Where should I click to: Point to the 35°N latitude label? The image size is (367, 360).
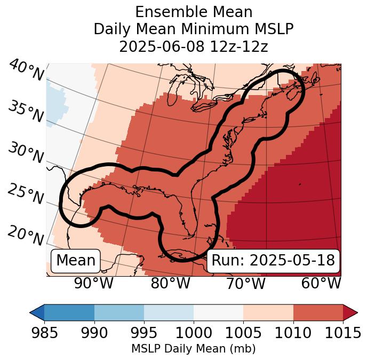pyautogui.click(x=26, y=111)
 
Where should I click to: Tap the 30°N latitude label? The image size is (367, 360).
pyautogui.click(x=26, y=153)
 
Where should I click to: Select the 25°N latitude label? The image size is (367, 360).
pyautogui.click(x=26, y=194)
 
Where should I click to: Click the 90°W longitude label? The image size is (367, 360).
pyautogui.click(x=94, y=283)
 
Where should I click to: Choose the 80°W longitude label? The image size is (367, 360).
pyautogui.click(x=170, y=283)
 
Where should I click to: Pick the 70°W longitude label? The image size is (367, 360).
pyautogui.click(x=245, y=283)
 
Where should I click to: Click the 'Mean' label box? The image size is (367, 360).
pyautogui.click(x=76, y=261)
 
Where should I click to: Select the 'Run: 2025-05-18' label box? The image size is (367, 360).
pyautogui.click(x=273, y=261)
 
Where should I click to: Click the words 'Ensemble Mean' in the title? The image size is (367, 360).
pyautogui.click(x=194, y=12)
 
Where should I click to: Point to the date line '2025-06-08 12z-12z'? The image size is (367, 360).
pyautogui.click(x=194, y=46)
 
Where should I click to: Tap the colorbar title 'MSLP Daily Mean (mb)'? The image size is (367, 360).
pyautogui.click(x=194, y=349)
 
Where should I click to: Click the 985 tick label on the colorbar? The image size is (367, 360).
pyautogui.click(x=45, y=333)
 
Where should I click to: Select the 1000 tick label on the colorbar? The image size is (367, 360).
pyautogui.click(x=194, y=333)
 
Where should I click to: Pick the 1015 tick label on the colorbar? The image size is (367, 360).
pyautogui.click(x=342, y=333)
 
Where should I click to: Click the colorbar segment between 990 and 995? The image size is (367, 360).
pyautogui.click(x=119, y=312)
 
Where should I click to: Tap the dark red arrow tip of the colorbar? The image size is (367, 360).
pyautogui.click(x=350, y=312)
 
